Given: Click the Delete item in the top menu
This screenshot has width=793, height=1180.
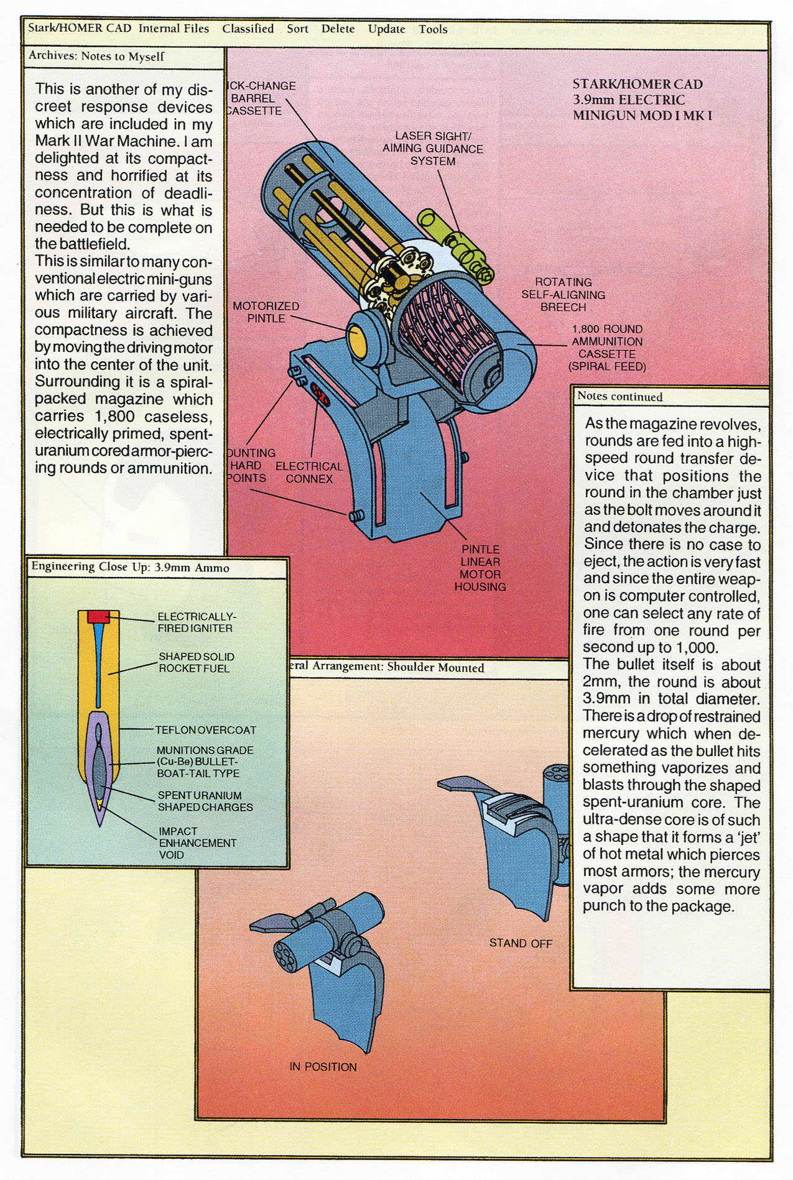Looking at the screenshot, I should (338, 29).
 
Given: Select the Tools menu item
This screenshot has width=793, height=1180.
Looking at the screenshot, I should (433, 29).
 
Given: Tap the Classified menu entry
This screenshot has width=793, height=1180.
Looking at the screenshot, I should (248, 29).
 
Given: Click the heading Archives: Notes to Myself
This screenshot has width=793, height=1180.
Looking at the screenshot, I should (96, 57).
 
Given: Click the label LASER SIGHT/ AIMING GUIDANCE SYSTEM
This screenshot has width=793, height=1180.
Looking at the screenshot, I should (432, 149).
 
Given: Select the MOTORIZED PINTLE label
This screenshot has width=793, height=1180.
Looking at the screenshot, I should (266, 312).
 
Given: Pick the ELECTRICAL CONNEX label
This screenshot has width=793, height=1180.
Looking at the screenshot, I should (309, 472).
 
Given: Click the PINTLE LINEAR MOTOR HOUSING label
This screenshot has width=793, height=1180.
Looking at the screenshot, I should (480, 568).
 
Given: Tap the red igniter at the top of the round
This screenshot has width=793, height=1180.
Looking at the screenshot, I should (98, 616).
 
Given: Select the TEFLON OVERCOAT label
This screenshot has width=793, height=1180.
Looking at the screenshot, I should (205, 730).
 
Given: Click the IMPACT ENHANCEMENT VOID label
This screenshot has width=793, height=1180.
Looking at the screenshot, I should (197, 843).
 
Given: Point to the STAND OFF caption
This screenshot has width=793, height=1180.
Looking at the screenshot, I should (521, 943).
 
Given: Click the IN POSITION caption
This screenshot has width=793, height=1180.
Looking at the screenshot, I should (323, 1067).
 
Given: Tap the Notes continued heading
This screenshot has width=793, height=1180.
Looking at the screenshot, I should (619, 397).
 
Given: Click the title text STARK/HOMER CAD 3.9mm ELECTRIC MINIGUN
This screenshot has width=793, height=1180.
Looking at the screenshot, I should (641, 99).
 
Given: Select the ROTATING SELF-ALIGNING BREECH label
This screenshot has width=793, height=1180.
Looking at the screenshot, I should (563, 295).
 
